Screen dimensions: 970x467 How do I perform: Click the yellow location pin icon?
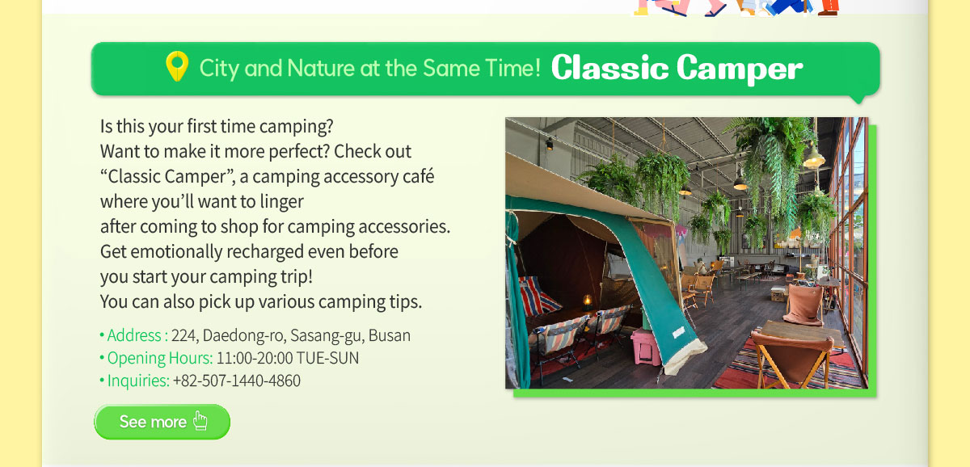(177, 66)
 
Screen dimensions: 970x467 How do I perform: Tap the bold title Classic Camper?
(677, 68)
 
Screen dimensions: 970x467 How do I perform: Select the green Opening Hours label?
(160, 359)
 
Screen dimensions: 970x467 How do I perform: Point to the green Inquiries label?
(138, 381)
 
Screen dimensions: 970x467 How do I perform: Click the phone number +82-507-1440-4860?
(236, 381)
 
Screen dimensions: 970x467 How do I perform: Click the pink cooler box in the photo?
(646, 347)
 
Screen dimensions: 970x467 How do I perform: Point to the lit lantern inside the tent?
(588, 301)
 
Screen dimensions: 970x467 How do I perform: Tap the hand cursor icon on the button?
(200, 421)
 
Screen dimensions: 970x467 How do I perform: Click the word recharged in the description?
(264, 252)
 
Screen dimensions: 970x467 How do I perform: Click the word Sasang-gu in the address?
(327, 336)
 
